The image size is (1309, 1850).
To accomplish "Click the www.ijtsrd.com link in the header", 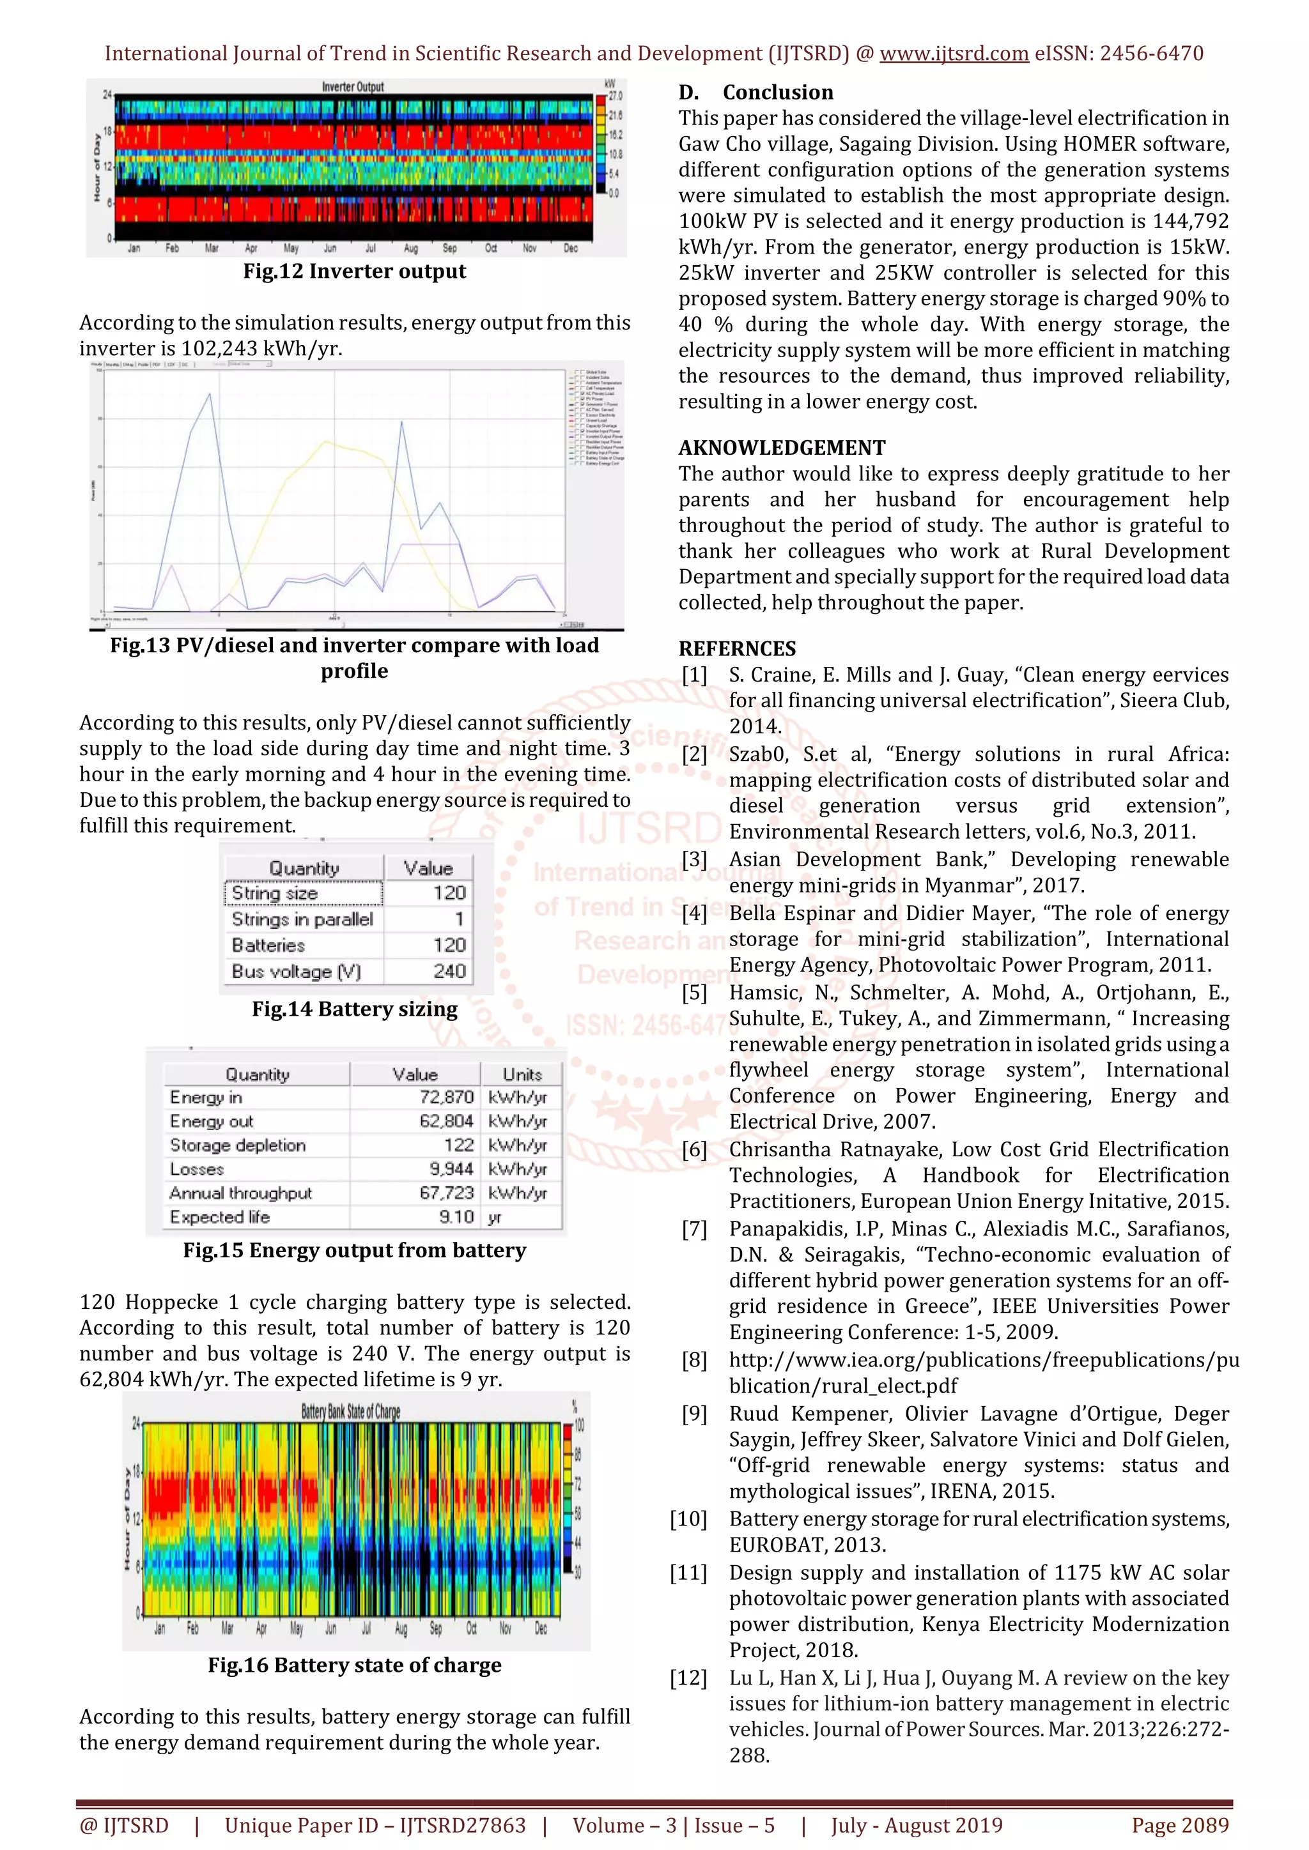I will (954, 54).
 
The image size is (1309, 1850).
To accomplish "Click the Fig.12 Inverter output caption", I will (355, 271).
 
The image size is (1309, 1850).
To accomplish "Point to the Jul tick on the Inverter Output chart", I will (370, 248).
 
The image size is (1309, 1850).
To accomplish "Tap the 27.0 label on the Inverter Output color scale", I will (615, 96).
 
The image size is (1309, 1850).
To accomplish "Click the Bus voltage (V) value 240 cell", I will (449, 971).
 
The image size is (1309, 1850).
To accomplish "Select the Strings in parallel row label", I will (302, 919).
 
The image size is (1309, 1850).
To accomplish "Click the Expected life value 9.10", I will (456, 1217).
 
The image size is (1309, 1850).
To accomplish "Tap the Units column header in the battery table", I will (522, 1074).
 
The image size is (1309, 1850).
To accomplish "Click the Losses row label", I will (197, 1169).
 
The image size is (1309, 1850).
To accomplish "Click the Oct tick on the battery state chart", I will (472, 1628).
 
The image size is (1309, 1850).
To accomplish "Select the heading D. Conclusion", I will (755, 93).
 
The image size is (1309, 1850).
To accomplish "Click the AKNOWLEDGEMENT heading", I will (781, 448).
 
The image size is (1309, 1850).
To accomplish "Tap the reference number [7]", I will (695, 1229).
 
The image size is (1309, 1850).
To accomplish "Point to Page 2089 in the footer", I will (1180, 1825).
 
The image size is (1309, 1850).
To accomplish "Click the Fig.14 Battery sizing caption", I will (355, 1009).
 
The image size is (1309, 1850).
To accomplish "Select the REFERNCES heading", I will (737, 648).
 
